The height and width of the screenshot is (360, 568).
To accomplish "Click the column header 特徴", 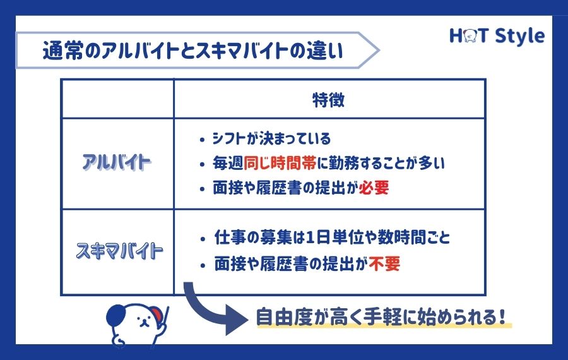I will (x=329, y=100).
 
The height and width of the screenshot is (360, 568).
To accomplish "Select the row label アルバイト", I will (x=117, y=163).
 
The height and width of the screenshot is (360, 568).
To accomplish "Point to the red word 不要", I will (x=385, y=263).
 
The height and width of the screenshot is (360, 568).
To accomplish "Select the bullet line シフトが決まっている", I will (x=272, y=138).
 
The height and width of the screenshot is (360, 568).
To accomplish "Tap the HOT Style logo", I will (x=496, y=36).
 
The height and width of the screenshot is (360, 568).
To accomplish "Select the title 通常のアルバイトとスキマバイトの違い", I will (x=192, y=51).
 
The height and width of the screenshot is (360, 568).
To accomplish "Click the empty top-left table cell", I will (x=117, y=99).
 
